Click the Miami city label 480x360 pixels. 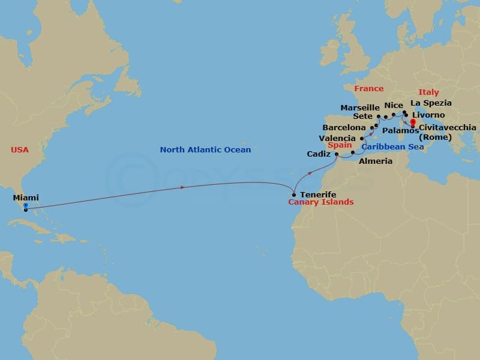tap(26, 197)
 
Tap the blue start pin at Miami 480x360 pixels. tap(25, 206)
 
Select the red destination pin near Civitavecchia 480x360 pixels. tap(412, 123)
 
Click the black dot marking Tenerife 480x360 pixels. tap(293, 194)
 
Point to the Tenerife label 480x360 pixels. tap(317, 195)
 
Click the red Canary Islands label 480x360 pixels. tap(322, 202)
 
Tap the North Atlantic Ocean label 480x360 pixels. tap(205, 149)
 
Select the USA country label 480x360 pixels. tap(20, 149)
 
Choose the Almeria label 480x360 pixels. tap(375, 161)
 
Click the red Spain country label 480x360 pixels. tap(340, 145)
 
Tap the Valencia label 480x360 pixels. tap(337, 138)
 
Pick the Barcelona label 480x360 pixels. tap(344, 128)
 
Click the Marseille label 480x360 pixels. tap(360, 107)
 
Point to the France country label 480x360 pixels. tap(368, 89)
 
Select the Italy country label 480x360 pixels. tap(428, 92)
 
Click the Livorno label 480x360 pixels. tap(428, 115)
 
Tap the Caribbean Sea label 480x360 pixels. tap(392, 146)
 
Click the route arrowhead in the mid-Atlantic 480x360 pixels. tap(183, 188)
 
